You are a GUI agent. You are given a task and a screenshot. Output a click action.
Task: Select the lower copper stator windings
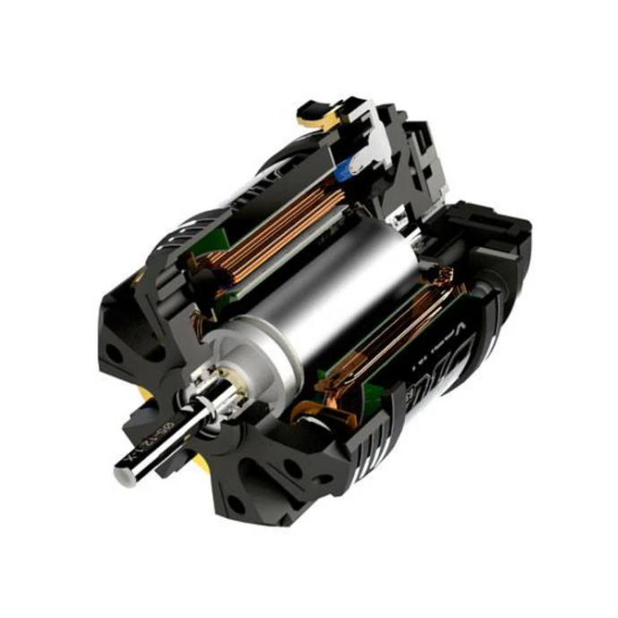point(394,331)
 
